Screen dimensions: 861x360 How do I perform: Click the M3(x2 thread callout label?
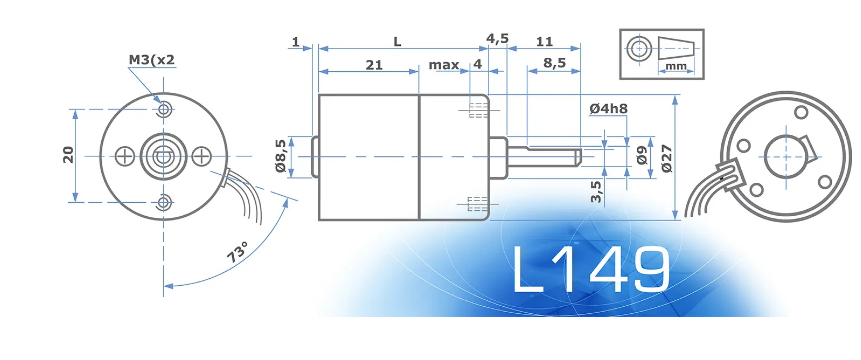pyautogui.click(x=152, y=59)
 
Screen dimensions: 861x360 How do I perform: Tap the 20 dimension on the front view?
pyautogui.click(x=68, y=155)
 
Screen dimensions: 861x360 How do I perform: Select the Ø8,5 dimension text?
pyautogui.click(x=280, y=156)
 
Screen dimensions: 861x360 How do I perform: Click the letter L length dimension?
pyautogui.click(x=398, y=42)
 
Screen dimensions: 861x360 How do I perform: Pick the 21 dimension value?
pyautogui.click(x=374, y=65)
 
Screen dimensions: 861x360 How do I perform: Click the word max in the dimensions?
pyautogui.click(x=444, y=65)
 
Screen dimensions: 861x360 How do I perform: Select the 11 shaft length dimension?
pyautogui.click(x=544, y=42)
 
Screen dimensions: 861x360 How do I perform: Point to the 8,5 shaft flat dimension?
pyautogui.click(x=554, y=63)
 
